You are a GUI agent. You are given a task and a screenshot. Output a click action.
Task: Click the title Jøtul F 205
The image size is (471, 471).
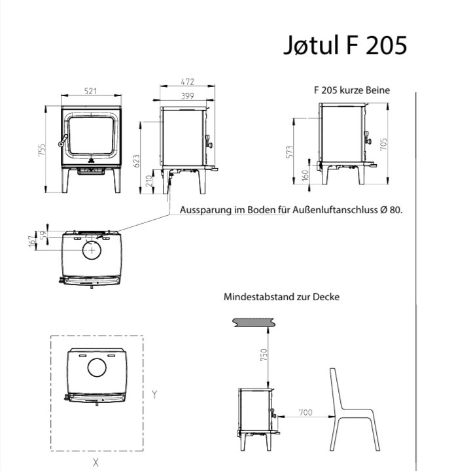pos(345,45)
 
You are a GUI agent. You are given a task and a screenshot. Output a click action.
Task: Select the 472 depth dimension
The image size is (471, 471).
pos(188,83)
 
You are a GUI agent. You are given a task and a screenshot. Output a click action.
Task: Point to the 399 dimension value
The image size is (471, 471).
pos(186,96)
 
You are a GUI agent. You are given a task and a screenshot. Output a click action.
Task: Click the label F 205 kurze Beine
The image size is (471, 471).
pos(352,90)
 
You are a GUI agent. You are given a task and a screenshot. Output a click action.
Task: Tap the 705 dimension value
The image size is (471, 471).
pos(392,144)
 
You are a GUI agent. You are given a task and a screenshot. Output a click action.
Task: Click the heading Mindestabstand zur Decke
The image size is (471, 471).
pos(281,296)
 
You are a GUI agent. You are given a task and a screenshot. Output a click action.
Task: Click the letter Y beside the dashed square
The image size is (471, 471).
pos(154,394)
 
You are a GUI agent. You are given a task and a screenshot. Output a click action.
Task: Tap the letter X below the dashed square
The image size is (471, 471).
pos(96,462)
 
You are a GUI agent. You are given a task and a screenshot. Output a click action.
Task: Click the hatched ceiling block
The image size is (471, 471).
pos(254,322)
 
